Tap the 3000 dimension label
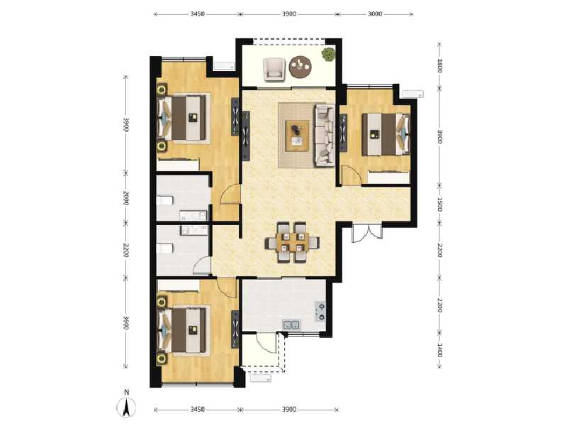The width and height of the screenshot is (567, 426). click(376, 13)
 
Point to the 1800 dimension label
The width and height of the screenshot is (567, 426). click(440, 67)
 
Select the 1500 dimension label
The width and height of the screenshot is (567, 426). click(440, 205)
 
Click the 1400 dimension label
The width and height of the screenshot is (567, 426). click(440, 349)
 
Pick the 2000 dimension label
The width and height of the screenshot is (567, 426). click(125, 198)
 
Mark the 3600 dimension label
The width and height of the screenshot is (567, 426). click(125, 323)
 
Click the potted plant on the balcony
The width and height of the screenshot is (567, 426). click(328, 53)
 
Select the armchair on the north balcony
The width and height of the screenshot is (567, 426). click(274, 68)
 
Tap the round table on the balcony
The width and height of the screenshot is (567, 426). click(301, 67)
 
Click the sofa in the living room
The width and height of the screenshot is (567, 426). click(324, 134)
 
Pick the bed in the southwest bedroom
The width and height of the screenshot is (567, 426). click(186, 329)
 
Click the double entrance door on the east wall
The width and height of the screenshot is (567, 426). click(366, 232)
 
